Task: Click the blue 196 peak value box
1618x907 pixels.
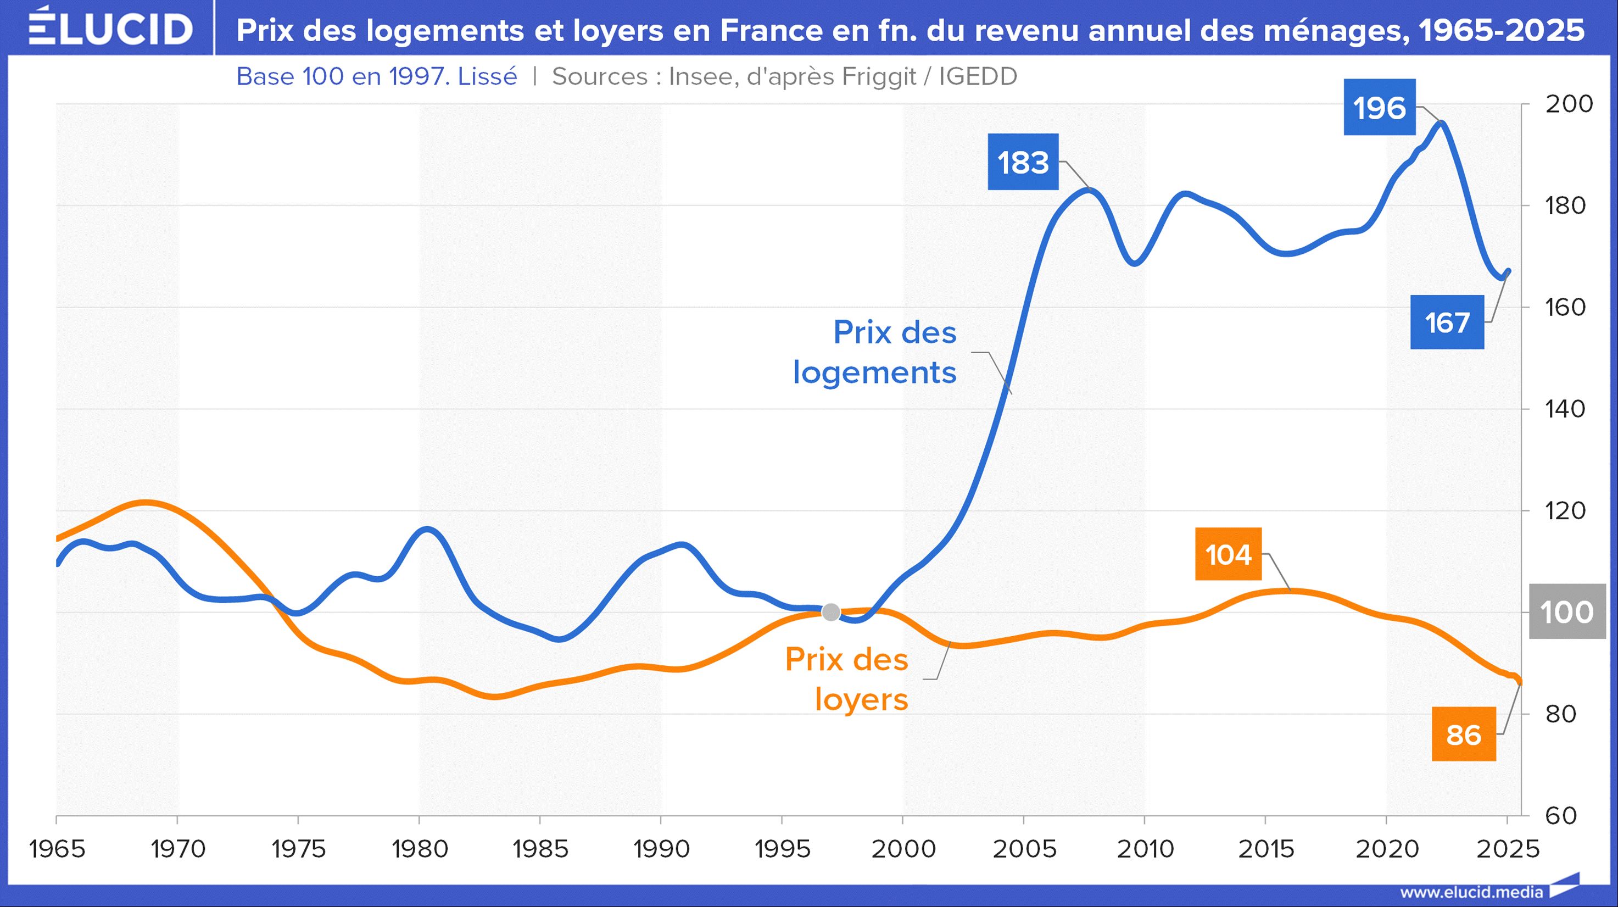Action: pos(1379,108)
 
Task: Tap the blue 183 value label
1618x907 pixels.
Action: pos(1023,162)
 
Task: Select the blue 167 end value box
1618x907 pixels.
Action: pos(1447,322)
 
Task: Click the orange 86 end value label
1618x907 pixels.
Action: pos(1464,734)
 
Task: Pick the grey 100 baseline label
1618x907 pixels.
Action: pos(1566,612)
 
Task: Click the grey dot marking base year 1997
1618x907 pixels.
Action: pos(831,612)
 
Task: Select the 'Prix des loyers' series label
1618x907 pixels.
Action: pos(847,679)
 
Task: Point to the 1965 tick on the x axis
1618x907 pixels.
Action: pos(57,849)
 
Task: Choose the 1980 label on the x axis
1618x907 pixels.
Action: pos(420,849)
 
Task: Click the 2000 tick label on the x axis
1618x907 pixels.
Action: pos(902,849)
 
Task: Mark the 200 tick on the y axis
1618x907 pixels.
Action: pos(1569,104)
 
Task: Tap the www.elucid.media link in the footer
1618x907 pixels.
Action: pos(1471,892)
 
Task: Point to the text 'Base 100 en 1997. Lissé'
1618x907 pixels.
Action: pos(376,76)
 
